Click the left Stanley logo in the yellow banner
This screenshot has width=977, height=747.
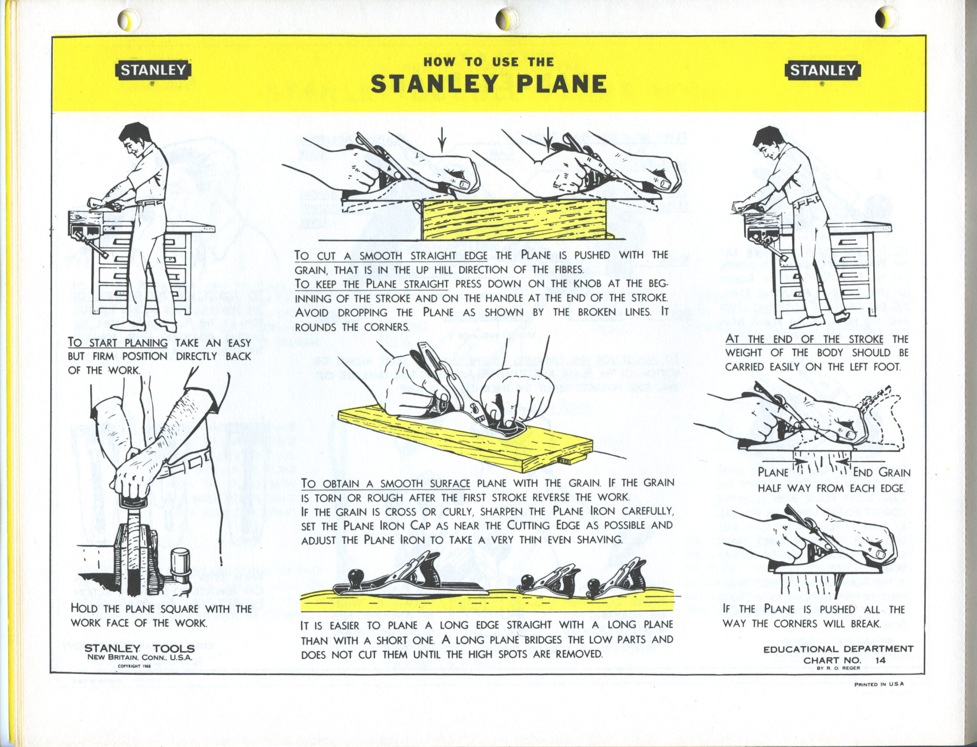(153, 71)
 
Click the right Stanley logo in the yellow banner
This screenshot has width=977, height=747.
(822, 71)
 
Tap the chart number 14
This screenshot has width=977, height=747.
(880, 660)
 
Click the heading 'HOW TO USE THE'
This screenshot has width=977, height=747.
(489, 62)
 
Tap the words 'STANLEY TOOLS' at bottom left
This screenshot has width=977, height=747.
(139, 648)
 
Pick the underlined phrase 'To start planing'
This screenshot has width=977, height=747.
(118, 343)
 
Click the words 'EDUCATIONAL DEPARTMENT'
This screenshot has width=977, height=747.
(838, 649)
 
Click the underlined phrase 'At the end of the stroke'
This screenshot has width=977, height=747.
(804, 339)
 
